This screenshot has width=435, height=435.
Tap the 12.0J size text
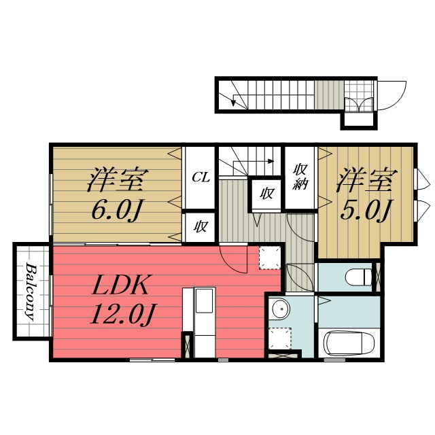tap(123, 314)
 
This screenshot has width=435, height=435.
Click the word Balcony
tap(31, 292)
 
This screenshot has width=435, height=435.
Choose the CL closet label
tap(201, 177)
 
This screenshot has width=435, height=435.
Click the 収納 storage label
tap(300, 177)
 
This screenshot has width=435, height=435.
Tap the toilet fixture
tap(359, 277)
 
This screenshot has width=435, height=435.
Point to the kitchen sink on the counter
tap(205, 300)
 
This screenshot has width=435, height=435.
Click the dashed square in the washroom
tap(280, 338)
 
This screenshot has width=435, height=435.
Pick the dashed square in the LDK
tap(270, 258)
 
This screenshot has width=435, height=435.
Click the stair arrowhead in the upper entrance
tap(233, 103)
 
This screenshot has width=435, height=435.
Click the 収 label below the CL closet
tap(201, 227)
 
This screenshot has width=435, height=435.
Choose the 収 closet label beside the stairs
tap(266, 193)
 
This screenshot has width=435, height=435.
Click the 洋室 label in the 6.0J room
tap(116, 179)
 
